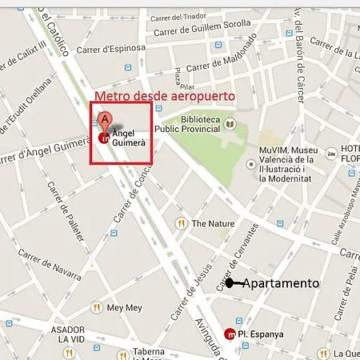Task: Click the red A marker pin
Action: [102, 122]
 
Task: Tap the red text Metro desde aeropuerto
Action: [165, 96]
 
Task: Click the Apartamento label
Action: [280, 283]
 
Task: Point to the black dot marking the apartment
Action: [229, 283]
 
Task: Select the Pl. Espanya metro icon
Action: [230, 333]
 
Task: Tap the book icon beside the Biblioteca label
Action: [230, 124]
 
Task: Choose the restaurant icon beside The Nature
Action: [182, 223]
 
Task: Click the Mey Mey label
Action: [123, 307]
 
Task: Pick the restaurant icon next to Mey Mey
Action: [98, 307]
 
